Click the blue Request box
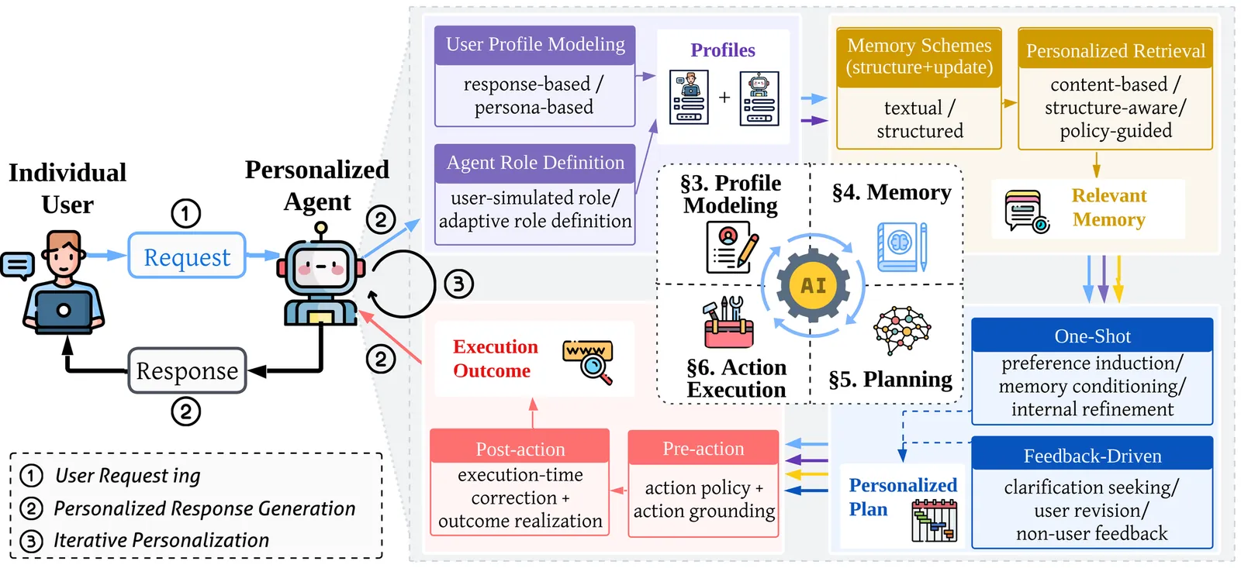click(x=187, y=256)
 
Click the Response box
click(x=187, y=370)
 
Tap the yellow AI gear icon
click(x=813, y=285)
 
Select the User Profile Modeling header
click(x=534, y=45)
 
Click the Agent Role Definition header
click(x=534, y=163)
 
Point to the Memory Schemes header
click(x=919, y=57)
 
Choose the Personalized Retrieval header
click(x=1115, y=50)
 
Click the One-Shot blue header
click(x=1092, y=336)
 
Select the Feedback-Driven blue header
click(x=1092, y=455)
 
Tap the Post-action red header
click(x=520, y=448)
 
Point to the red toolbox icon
click(x=728, y=325)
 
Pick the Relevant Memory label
click(x=1109, y=208)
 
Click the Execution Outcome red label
click(x=495, y=358)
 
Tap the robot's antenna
click(x=321, y=229)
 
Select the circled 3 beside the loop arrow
click(x=458, y=284)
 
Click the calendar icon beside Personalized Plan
click(x=935, y=521)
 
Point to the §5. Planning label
click(x=890, y=379)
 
